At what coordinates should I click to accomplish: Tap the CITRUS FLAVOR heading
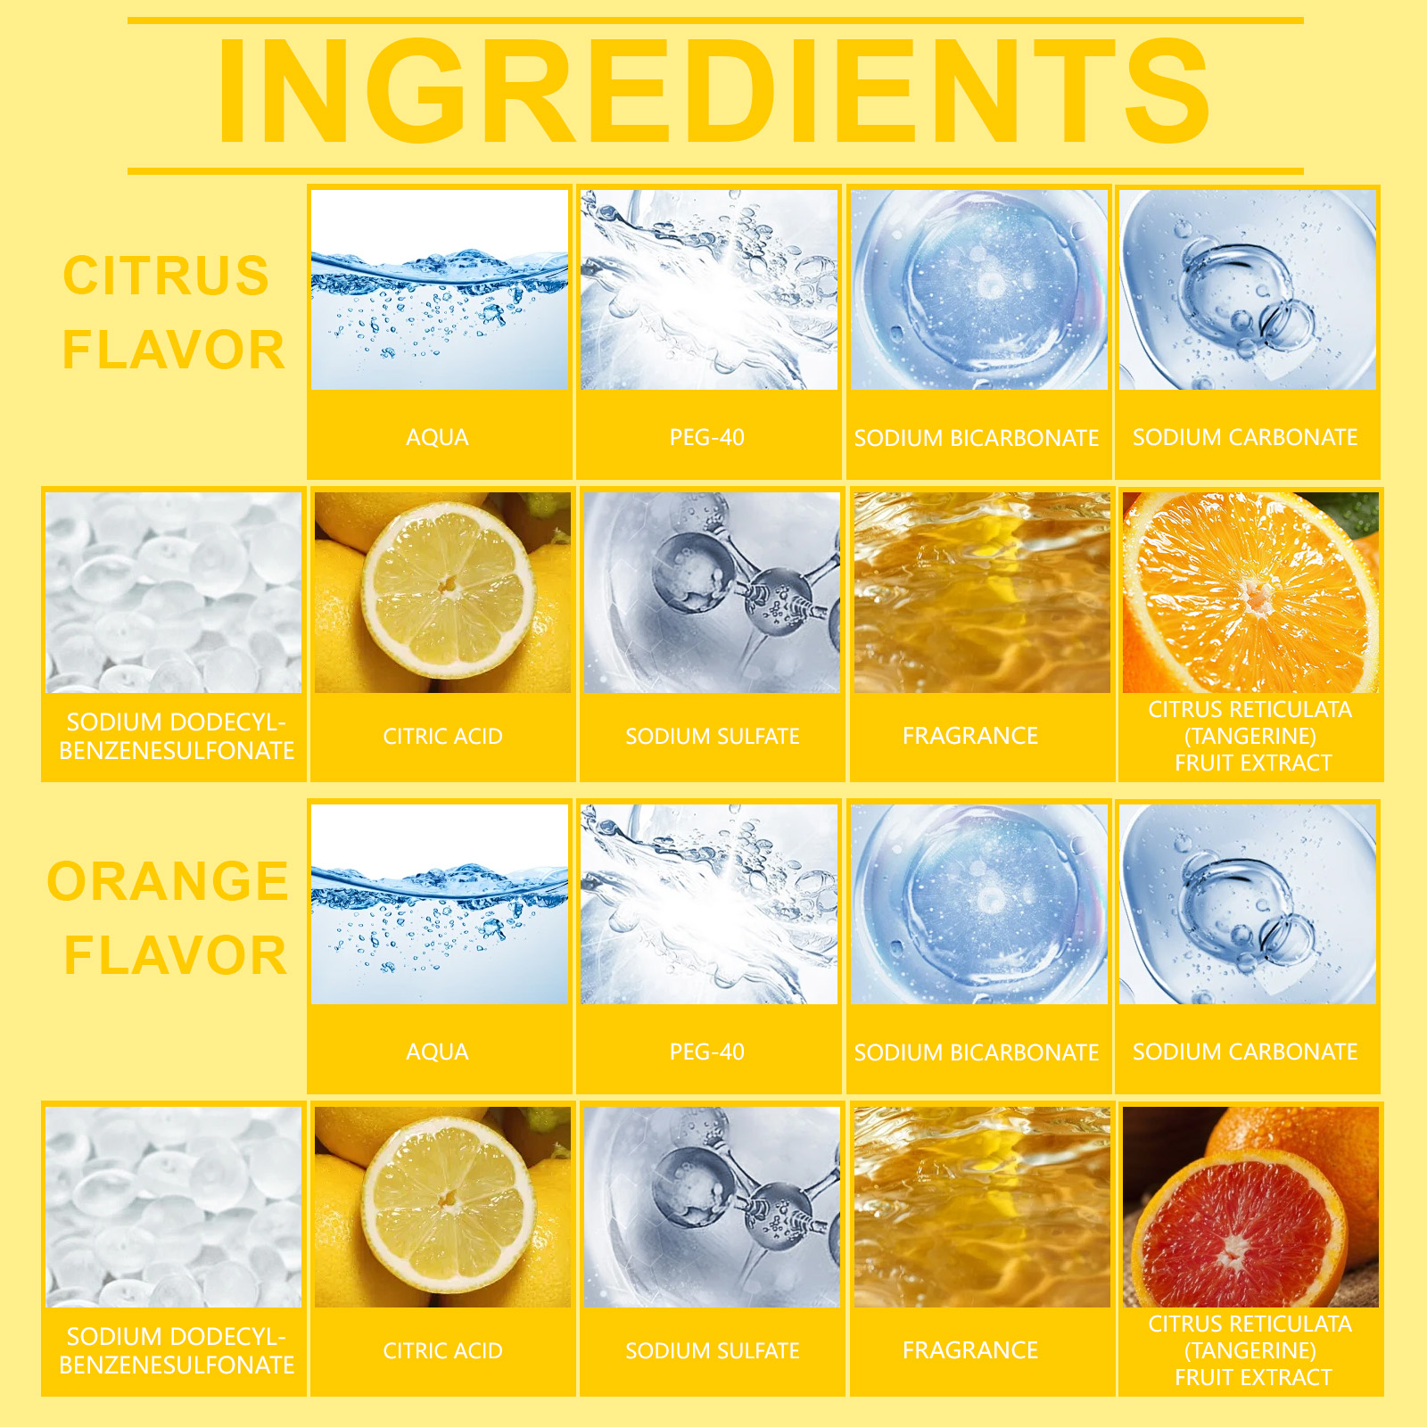tap(174, 312)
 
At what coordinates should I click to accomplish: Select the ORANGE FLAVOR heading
tap(168, 919)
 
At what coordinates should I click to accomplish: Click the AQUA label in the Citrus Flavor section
tap(437, 437)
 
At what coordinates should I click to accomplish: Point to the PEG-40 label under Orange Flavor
tap(707, 1052)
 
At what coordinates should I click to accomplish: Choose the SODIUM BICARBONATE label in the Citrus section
tap(977, 438)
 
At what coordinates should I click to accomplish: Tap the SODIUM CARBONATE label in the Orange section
tap(1245, 1052)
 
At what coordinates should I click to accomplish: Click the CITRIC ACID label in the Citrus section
tap(443, 736)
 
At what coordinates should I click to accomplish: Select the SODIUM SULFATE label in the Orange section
tap(713, 1350)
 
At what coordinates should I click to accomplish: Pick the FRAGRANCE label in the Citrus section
tap(970, 736)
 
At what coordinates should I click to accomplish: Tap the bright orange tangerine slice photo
tap(1251, 592)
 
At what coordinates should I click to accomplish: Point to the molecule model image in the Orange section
tap(713, 1207)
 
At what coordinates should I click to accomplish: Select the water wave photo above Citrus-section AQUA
tap(440, 290)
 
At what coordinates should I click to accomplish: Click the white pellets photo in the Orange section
tap(174, 1207)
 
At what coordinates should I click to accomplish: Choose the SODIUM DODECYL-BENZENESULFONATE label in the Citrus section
tap(177, 736)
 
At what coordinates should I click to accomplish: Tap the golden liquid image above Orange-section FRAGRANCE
tap(982, 1207)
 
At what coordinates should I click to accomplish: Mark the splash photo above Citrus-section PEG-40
tap(709, 290)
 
